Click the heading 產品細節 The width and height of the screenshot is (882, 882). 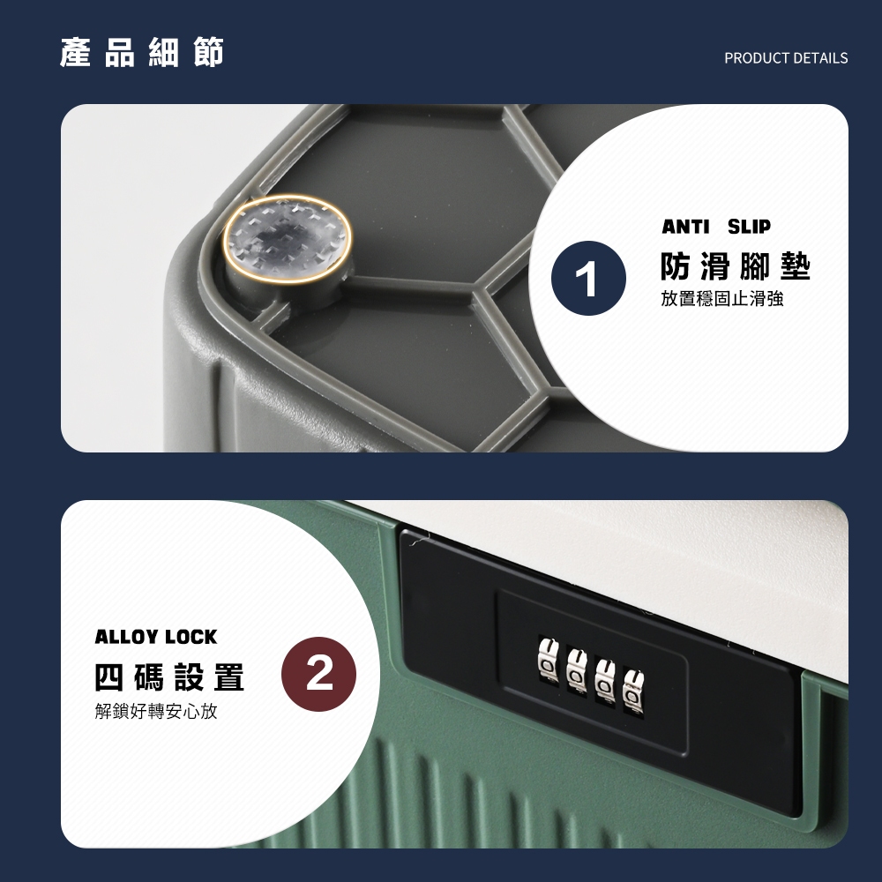[142, 53]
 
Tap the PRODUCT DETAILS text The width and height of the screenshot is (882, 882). [786, 58]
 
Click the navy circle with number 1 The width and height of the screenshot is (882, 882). [588, 278]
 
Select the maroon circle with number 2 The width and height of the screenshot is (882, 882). [319, 674]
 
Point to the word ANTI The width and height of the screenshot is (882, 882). [685, 226]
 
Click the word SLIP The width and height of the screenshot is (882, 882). [749, 226]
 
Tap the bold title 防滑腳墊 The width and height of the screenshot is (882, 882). [736, 266]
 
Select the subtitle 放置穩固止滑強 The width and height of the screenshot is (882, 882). [721, 299]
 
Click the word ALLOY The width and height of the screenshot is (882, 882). [125, 637]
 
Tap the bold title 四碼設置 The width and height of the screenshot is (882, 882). [169, 676]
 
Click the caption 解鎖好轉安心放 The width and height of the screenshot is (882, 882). [156, 711]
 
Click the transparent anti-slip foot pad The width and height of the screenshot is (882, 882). [288, 238]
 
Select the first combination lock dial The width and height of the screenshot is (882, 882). [547, 656]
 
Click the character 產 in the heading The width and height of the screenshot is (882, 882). [75, 53]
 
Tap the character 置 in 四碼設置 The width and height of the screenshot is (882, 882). [229, 676]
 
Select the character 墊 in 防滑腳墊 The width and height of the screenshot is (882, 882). [796, 266]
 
